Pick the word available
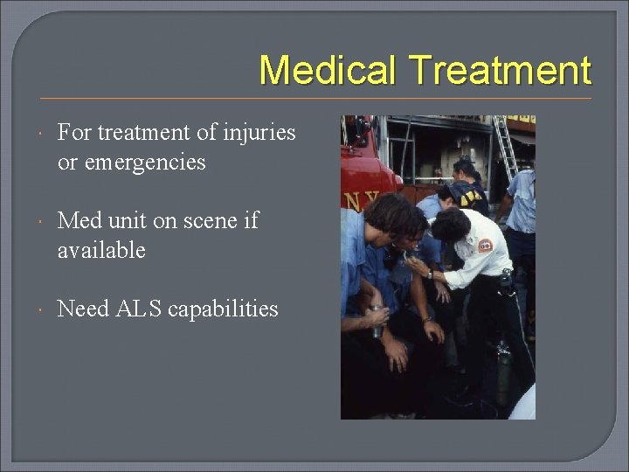pos(101,251)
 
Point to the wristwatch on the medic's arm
pos(430,274)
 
